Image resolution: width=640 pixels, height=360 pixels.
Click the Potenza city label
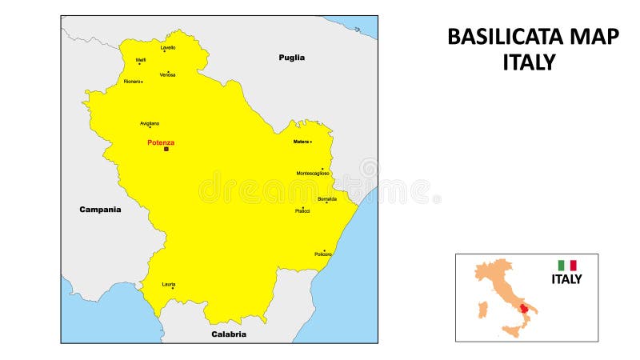(160, 142)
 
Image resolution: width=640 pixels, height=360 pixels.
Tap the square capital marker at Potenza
(166, 149)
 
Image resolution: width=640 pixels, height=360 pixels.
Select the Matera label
(301, 142)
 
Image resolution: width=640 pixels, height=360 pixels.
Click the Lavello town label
(168, 47)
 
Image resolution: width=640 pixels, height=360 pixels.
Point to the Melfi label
(141, 59)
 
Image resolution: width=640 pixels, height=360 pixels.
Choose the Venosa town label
(167, 75)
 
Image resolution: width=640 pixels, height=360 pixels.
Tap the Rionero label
(132, 81)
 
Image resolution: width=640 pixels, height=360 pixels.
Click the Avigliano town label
(150, 123)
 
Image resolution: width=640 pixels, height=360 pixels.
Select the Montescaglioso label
(313, 173)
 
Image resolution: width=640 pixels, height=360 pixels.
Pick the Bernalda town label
(326, 198)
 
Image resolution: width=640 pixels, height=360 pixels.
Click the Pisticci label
(302, 211)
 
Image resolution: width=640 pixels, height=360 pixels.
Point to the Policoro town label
(323, 254)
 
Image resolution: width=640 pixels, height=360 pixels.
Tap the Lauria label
(169, 284)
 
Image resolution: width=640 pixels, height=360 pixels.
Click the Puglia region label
(291, 58)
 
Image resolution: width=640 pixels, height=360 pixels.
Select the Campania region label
(100, 210)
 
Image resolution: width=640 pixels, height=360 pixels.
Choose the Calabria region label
(229, 334)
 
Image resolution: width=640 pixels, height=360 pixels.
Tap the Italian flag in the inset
(567, 265)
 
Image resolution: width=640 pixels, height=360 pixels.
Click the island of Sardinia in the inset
(482, 309)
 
